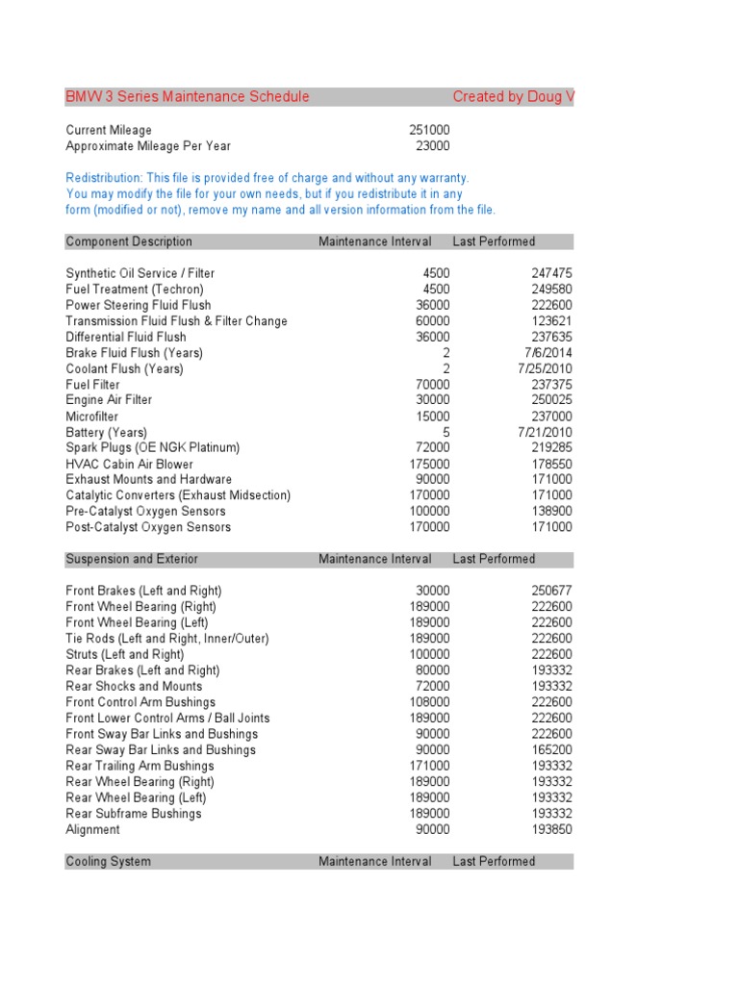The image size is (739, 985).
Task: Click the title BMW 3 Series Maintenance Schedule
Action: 188,97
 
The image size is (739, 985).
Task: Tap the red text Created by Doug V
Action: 513,97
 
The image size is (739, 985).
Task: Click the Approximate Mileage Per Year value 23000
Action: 431,146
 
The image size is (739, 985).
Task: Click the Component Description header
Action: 129,241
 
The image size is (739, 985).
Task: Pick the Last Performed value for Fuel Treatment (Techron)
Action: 551,290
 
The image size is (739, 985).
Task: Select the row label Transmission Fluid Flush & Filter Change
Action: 176,321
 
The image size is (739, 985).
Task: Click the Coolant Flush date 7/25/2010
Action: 545,368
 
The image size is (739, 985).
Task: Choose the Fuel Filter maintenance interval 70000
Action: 431,385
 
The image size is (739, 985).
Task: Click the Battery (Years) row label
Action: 106,433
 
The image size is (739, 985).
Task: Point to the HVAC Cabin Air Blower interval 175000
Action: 428,464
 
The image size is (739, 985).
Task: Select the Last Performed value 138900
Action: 551,512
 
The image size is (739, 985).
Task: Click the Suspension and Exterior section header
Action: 132,559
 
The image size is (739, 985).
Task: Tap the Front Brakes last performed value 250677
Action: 551,591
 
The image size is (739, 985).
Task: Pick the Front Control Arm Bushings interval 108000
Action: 428,702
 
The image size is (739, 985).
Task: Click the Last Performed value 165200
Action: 551,749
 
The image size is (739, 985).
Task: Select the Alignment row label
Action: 92,829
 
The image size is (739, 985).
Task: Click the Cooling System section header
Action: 108,862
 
